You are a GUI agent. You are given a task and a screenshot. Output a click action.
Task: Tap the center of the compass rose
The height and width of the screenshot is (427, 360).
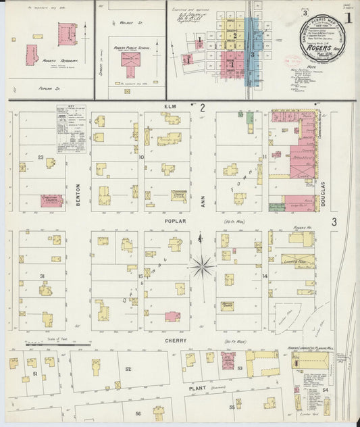(x=201, y=265)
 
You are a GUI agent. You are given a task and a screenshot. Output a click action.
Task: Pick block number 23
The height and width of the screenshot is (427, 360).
(x=41, y=157)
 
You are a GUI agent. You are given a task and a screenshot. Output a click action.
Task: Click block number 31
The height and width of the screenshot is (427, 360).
(x=41, y=276)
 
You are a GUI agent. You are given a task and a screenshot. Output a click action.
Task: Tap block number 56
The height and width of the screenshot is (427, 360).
(x=138, y=412)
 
